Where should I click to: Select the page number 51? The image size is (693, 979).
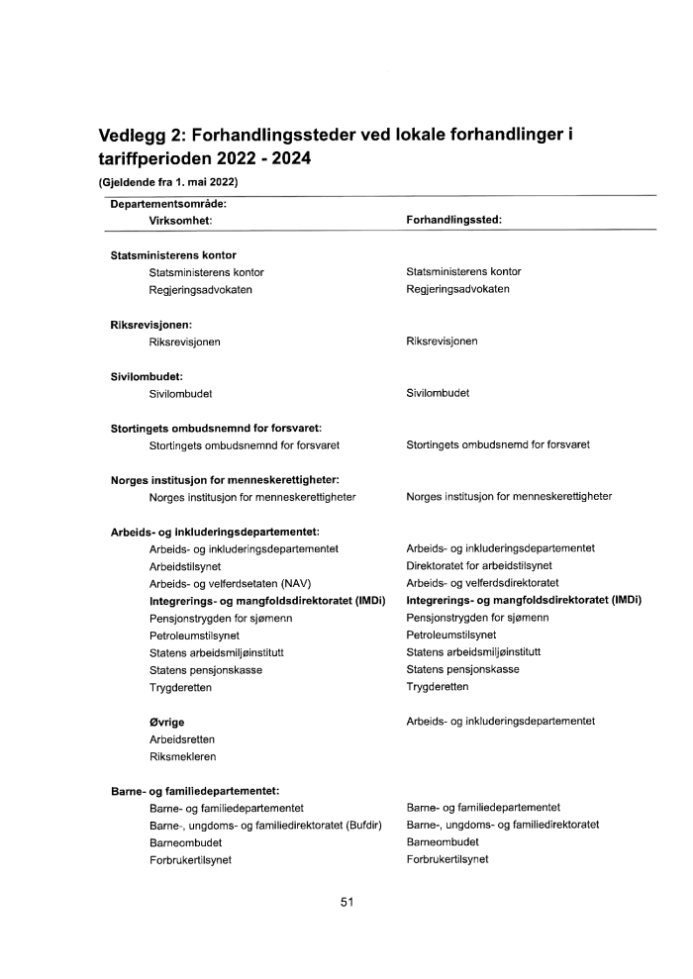pos(346,902)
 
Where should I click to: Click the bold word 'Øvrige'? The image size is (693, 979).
pos(167,722)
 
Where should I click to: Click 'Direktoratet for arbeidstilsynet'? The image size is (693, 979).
pos(479,565)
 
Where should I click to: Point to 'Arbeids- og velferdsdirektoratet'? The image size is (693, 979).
pos(482,583)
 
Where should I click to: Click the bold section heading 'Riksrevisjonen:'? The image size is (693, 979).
pos(150,324)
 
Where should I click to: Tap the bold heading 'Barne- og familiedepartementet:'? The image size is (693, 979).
pos(195,790)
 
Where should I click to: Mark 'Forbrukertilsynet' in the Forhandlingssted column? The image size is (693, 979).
pos(447,859)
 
